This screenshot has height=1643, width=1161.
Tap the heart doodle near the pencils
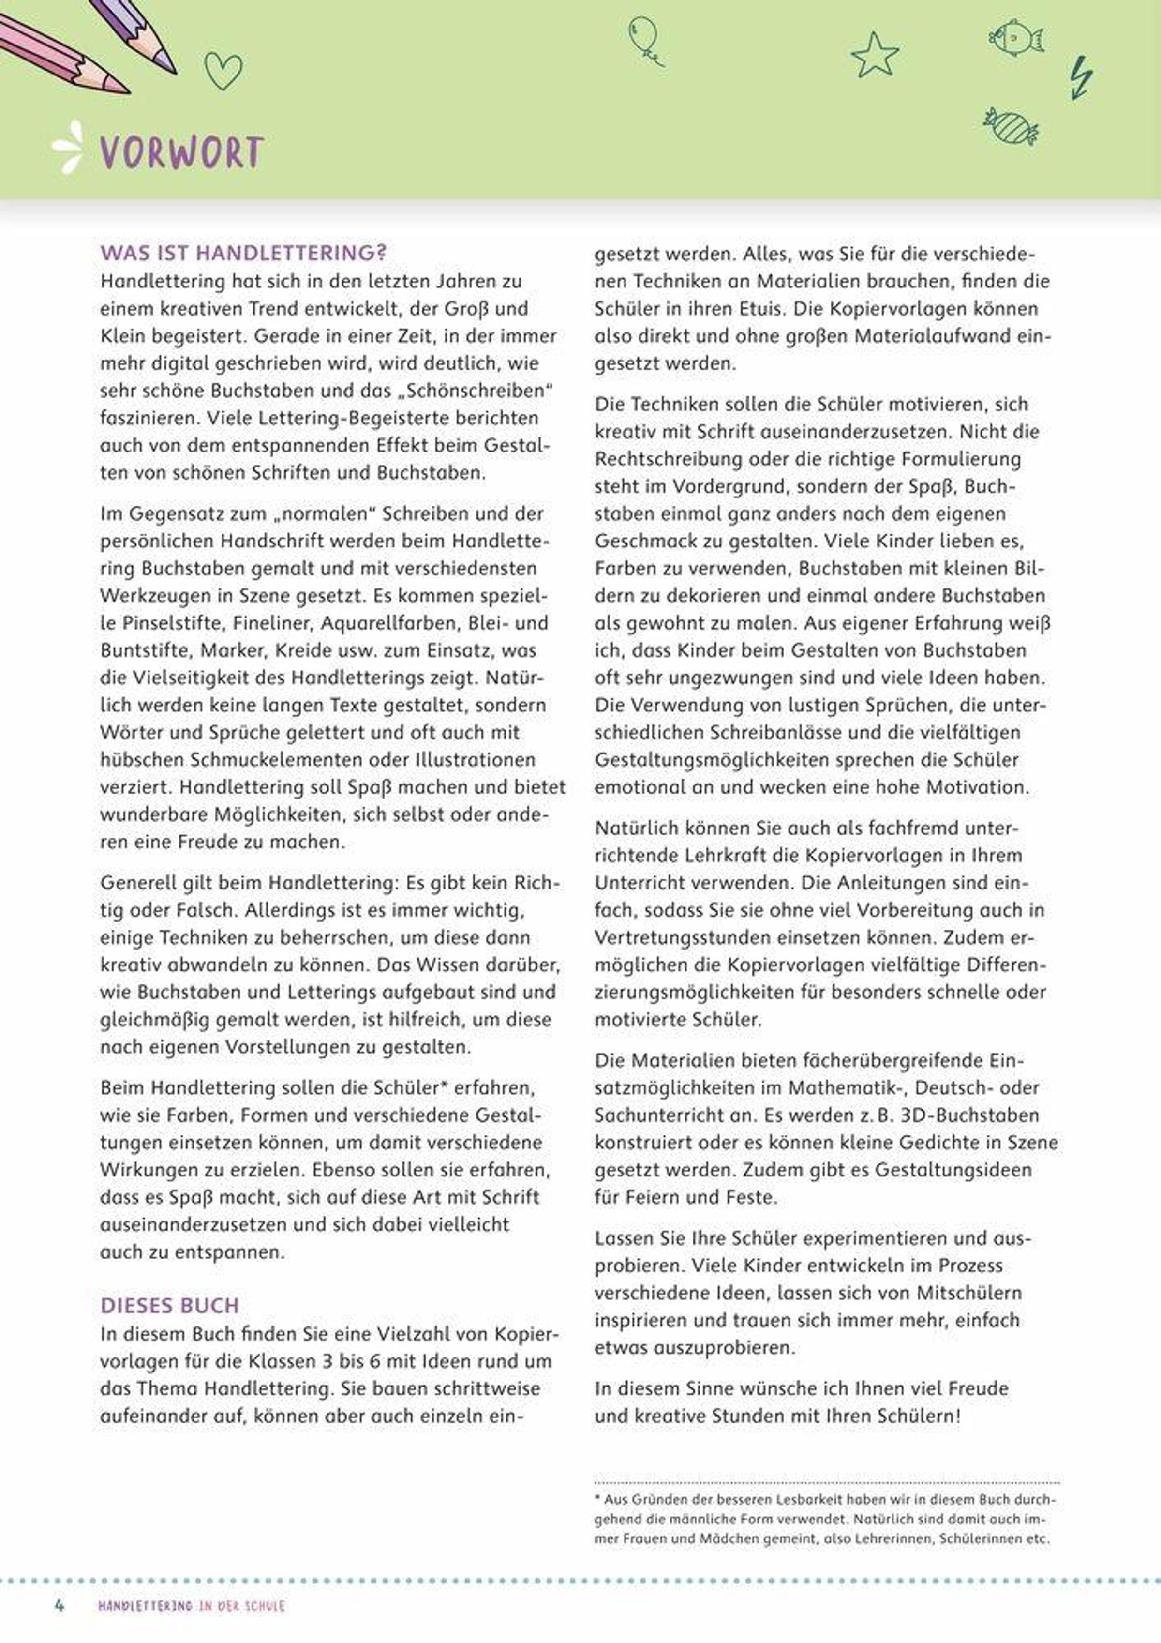tap(223, 70)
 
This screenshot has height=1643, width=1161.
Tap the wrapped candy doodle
tap(1010, 127)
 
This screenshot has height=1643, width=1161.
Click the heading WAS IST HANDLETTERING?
tap(243, 253)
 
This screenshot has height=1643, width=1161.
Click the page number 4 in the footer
tap(60, 1605)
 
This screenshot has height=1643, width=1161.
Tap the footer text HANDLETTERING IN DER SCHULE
tap(191, 1606)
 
